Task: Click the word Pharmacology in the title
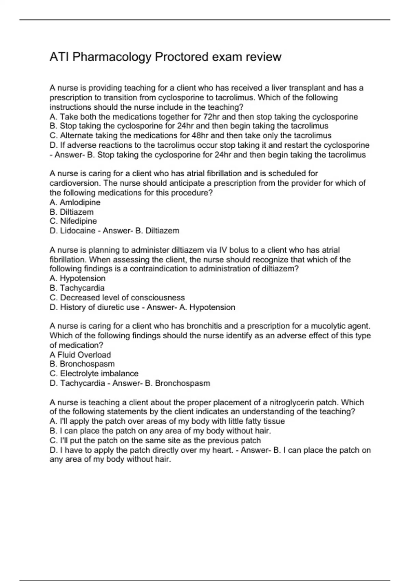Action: click(112, 57)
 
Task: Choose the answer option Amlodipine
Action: click(80, 202)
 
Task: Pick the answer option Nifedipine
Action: click(78, 221)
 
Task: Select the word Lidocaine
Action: click(78, 231)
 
